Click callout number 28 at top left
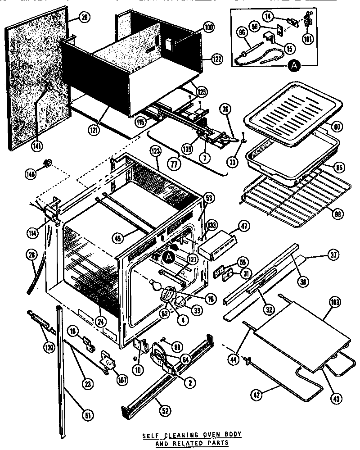[84, 18]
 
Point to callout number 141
[36, 145]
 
